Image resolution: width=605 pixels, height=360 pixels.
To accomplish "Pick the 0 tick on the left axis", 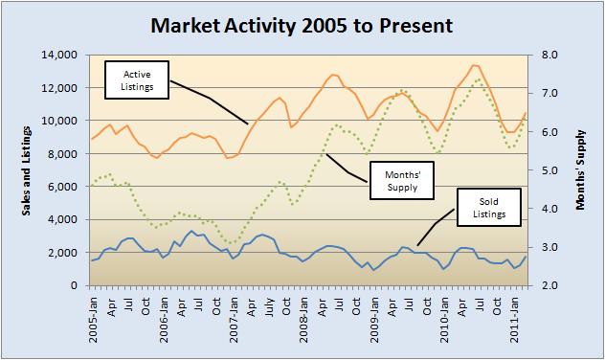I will [73, 285].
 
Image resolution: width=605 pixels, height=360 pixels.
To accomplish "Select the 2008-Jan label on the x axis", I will [304, 316].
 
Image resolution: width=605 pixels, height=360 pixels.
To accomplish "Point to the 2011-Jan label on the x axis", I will [516, 316].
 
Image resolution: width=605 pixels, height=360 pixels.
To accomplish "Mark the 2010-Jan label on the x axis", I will [445, 316].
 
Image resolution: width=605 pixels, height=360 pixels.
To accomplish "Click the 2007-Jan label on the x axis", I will [234, 316].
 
